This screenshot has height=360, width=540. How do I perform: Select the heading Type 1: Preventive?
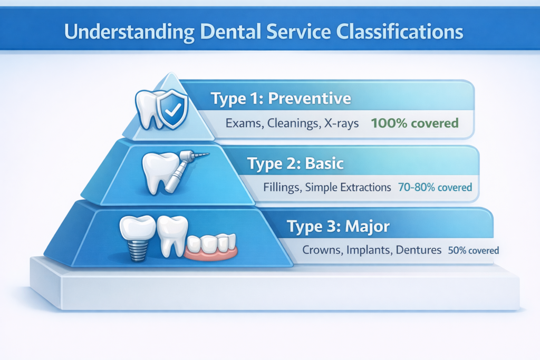(281, 99)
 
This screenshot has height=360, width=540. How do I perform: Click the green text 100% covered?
(414, 124)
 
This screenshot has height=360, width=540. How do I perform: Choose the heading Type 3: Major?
(338, 227)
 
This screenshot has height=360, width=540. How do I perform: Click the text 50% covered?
(473, 250)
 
